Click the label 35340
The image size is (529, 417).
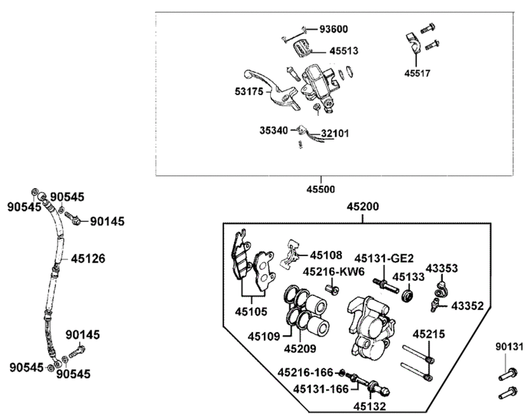[x=273, y=129]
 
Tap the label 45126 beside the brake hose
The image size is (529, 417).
[x=88, y=259]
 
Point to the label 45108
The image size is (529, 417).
[x=326, y=255]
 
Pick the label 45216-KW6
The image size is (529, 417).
[x=334, y=272]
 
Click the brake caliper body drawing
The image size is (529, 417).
[x=371, y=328]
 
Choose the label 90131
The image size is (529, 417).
[x=509, y=347]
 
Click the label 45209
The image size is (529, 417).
[x=300, y=348]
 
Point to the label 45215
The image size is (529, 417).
[x=429, y=334]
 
